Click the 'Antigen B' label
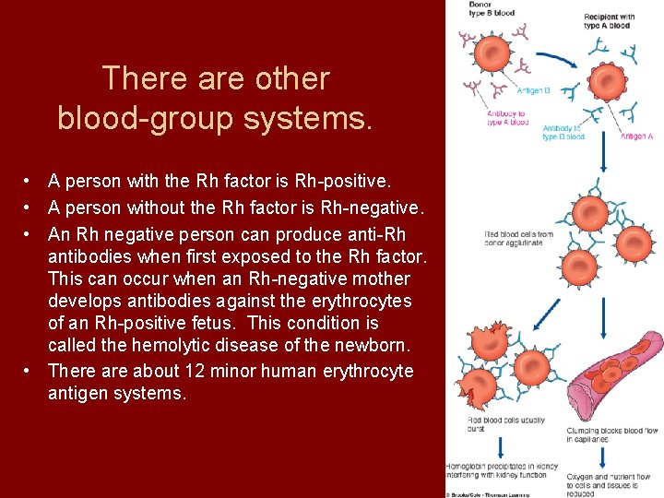pyautogui.click(x=534, y=90)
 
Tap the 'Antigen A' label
pyautogui.click(x=636, y=136)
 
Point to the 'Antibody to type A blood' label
pyautogui.click(x=507, y=118)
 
